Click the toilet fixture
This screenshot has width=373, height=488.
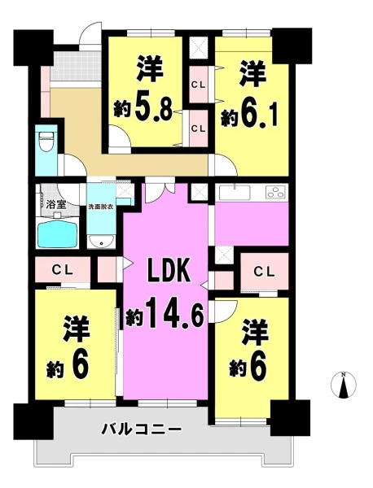[46, 141]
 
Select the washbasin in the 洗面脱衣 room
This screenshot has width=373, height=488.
[101, 242]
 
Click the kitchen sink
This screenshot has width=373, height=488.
[235, 193]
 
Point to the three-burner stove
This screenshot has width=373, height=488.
[275, 192]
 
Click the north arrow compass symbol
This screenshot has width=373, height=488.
[344, 385]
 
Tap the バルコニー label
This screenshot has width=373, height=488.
[142, 429]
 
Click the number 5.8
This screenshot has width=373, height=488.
[153, 111]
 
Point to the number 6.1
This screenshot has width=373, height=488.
[258, 115]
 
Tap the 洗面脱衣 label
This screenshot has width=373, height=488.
[101, 207]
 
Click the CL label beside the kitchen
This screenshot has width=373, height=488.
[264, 272]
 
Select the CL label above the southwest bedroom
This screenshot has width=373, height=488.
[63, 269]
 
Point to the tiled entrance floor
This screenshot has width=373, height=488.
[76, 65]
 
